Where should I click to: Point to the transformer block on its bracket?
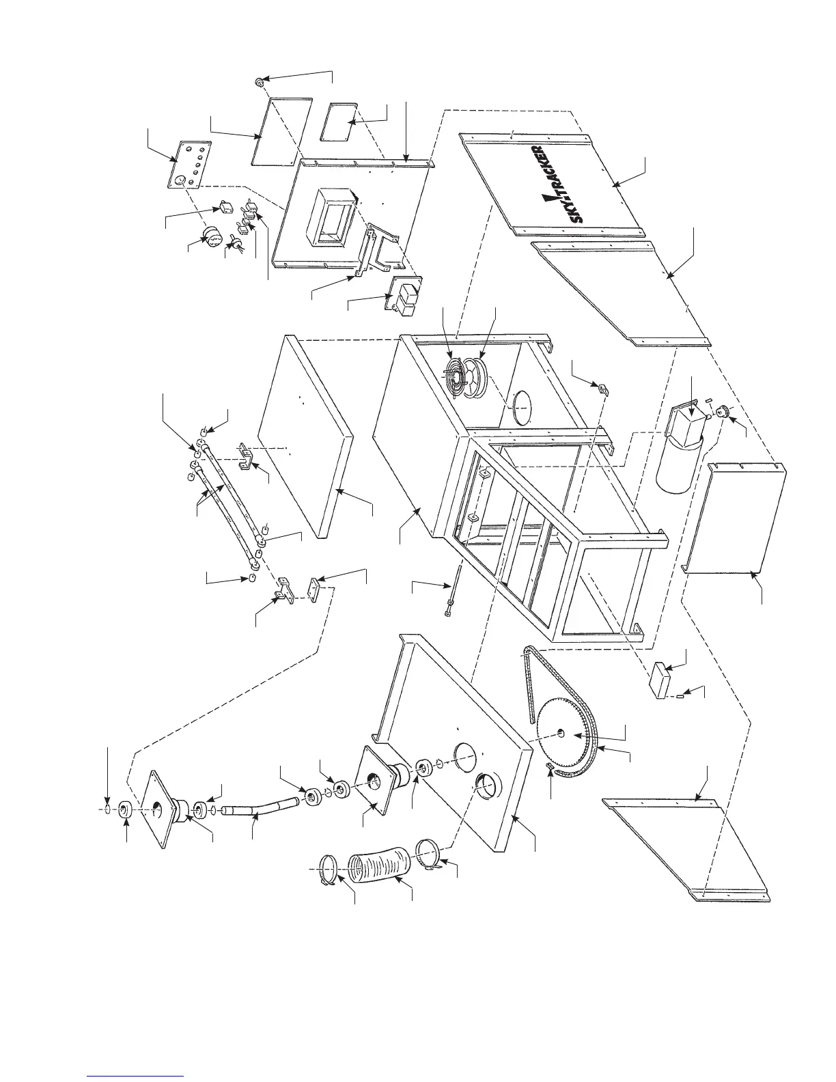[406, 298]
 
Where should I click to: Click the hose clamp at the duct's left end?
[331, 871]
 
